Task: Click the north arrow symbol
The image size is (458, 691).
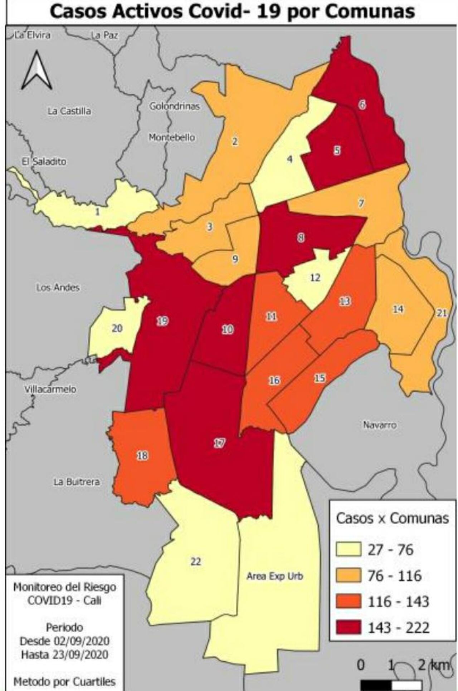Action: [37, 70]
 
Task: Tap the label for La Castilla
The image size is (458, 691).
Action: [69, 111]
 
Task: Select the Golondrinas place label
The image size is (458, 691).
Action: [174, 106]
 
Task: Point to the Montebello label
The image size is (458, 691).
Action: [172, 137]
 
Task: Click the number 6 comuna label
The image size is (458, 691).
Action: [362, 104]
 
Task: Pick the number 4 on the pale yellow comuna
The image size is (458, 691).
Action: [290, 159]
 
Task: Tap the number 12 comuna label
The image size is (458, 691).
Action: [315, 278]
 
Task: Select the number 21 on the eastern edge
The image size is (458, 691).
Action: [442, 313]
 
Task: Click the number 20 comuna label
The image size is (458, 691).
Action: [117, 328]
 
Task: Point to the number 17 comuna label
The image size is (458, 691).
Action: [219, 443]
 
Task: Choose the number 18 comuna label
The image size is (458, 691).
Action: [142, 455]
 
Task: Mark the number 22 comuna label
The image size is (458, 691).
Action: [195, 562]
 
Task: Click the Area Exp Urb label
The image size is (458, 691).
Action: [275, 576]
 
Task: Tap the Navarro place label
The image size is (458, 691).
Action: [380, 425]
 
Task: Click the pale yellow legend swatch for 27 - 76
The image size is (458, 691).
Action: [348, 549]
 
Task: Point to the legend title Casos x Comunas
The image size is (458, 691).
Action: [392, 518]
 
